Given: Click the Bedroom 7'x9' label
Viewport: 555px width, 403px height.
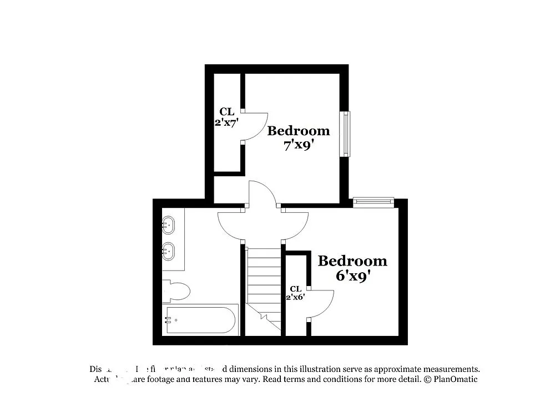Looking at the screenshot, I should (299, 138).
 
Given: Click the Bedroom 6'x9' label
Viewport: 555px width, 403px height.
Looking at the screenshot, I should (352, 268).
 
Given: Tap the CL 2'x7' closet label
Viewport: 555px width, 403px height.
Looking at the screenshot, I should (226, 117).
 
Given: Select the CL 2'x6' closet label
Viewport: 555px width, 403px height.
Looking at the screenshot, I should (295, 293).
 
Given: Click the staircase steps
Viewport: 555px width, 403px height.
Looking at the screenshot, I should (264, 283).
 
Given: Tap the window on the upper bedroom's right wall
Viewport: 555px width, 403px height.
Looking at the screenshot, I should (346, 134).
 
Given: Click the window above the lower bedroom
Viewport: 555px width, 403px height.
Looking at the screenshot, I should (374, 201).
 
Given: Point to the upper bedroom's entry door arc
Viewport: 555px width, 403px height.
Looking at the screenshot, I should (261, 194).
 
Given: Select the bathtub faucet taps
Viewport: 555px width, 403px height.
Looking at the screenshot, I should (168, 320).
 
